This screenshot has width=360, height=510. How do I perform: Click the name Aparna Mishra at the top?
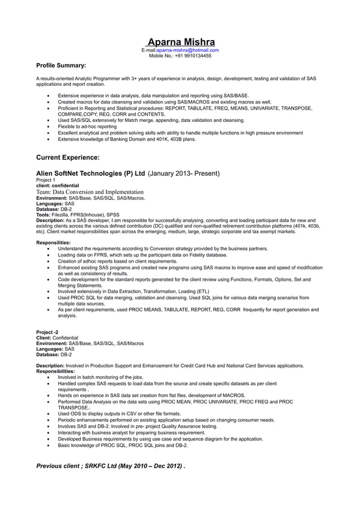click(x=181, y=42)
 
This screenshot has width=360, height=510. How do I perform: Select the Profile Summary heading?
click(x=61, y=66)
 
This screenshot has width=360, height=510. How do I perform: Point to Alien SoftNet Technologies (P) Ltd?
click(x=90, y=173)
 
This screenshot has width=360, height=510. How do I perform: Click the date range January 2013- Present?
click(x=183, y=173)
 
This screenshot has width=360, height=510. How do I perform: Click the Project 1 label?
click(x=46, y=180)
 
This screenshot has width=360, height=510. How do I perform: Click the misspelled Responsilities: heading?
click(x=53, y=242)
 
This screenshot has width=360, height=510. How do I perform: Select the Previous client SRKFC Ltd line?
click(x=111, y=466)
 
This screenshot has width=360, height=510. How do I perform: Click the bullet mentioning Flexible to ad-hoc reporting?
click(x=87, y=127)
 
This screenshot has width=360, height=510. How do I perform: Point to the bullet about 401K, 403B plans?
click(x=126, y=139)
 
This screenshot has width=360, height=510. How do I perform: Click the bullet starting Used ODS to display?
click(x=119, y=413)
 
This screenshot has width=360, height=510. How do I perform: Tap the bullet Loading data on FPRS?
click(x=142, y=255)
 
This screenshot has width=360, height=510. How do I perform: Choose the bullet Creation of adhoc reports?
click(x=117, y=261)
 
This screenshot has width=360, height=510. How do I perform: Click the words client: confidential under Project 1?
click(x=58, y=185)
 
